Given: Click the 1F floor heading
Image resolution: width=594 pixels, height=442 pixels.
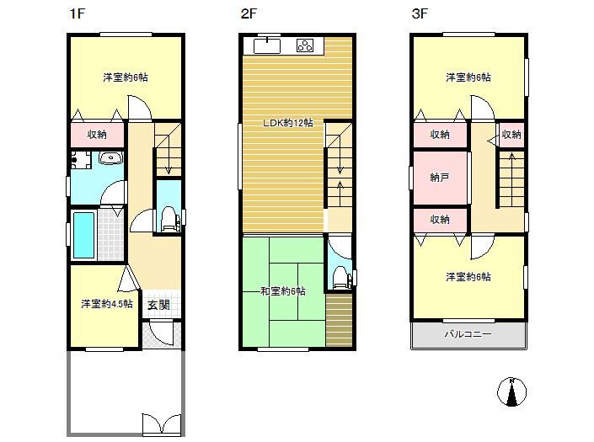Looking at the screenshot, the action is point(77,14).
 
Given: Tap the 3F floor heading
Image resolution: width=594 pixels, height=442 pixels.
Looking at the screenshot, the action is point(420,14).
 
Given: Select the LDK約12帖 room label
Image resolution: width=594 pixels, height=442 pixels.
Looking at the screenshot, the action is point(288,123).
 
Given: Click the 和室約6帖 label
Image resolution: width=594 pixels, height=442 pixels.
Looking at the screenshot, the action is point(283,291).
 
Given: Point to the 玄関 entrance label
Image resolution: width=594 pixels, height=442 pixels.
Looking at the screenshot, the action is point(158,305).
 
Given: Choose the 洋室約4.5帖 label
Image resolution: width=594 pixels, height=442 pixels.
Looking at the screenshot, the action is point(107,304).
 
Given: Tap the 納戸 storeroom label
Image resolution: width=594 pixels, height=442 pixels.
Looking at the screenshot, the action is point(440,177).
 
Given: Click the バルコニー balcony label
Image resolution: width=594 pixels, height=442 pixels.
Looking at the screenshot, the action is point(468,334).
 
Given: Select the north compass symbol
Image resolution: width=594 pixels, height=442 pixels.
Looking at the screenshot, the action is point(511,392).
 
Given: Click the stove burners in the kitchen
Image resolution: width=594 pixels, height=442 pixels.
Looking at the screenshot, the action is point(305,45).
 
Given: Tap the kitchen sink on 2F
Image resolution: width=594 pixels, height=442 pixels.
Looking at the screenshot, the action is point(267,45).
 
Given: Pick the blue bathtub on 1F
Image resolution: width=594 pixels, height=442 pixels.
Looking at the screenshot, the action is point(83,235).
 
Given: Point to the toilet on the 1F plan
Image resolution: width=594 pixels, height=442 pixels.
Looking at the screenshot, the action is point(169,219).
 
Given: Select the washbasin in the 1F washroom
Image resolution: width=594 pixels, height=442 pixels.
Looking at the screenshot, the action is point(110,157).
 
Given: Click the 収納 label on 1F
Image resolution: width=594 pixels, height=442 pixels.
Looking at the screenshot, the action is point(97,135).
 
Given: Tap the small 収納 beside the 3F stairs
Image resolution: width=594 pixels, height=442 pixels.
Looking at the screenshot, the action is point(511,135).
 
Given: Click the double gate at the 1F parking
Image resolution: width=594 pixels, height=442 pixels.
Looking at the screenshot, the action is point(162,423).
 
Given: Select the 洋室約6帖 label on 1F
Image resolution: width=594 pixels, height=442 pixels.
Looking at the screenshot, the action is point(126,77).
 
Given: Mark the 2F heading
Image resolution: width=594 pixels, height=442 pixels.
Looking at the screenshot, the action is point(249,14).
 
